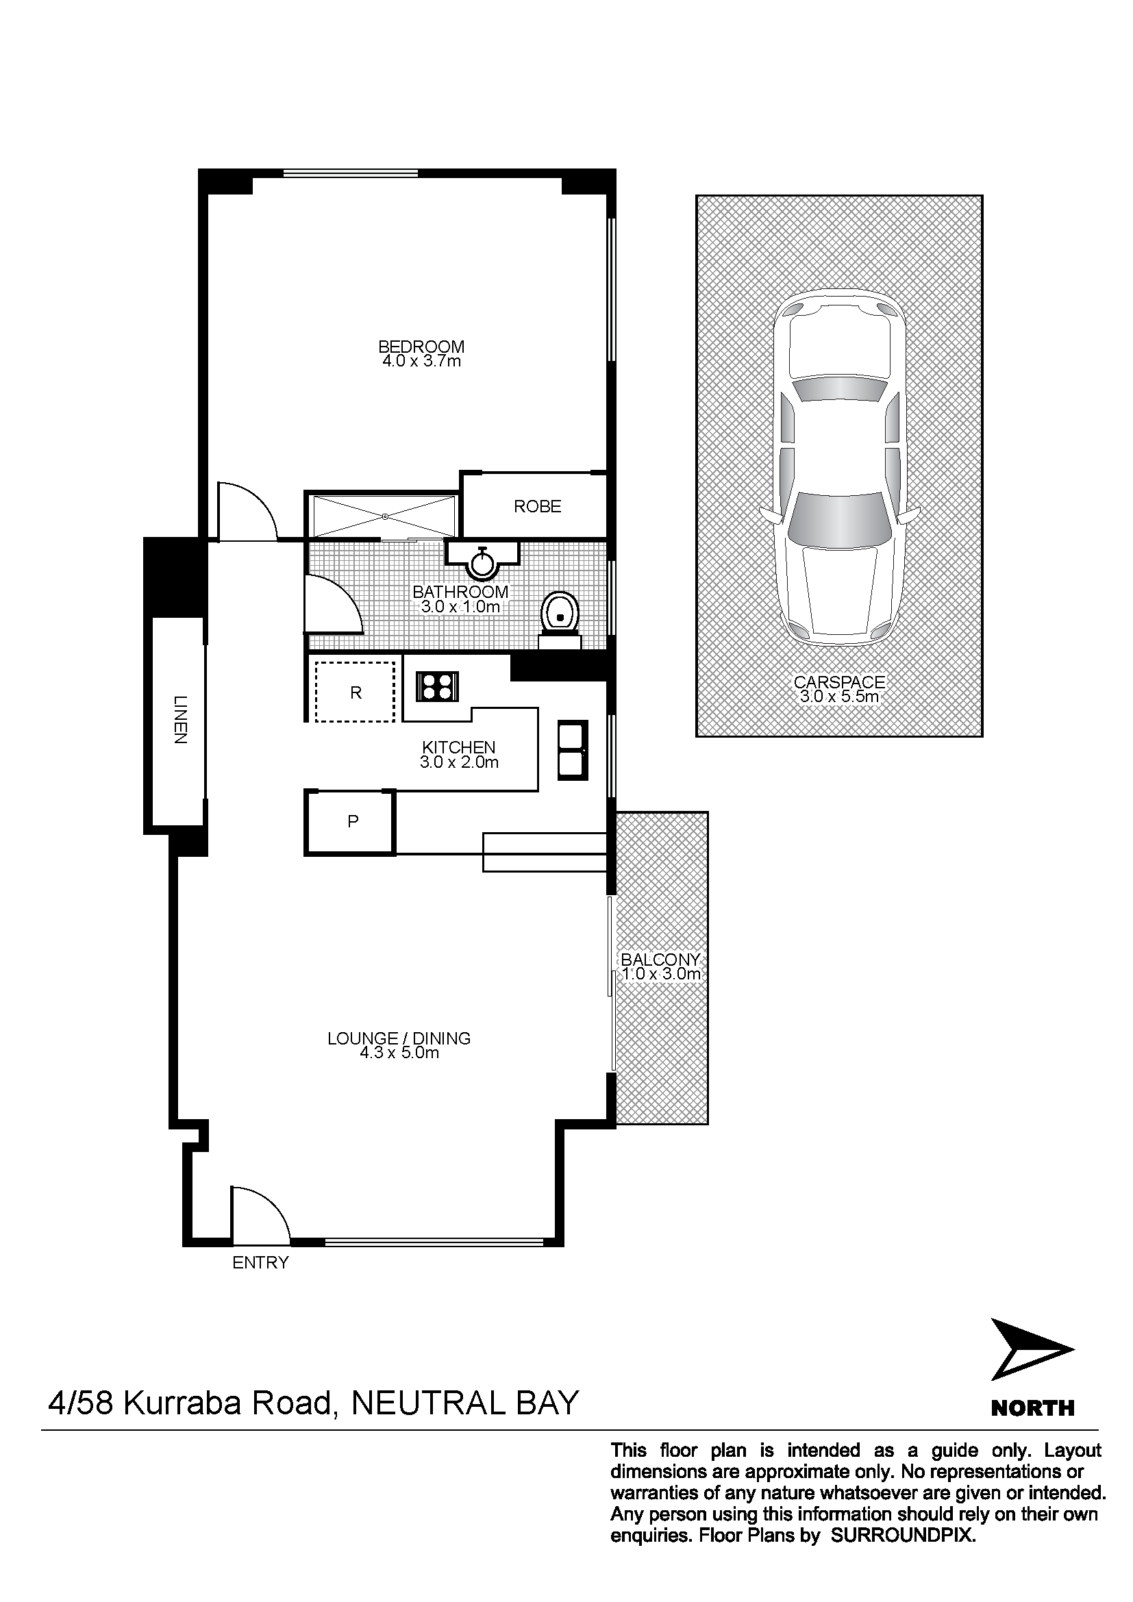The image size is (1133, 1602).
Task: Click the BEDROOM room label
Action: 421,346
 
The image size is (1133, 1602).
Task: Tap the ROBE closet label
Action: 537,507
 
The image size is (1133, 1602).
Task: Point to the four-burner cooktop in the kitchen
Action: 438,685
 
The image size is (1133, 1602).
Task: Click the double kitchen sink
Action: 573,749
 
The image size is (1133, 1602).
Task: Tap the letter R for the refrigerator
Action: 356,693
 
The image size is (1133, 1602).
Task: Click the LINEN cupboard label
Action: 181,719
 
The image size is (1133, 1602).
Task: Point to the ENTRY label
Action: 260,1262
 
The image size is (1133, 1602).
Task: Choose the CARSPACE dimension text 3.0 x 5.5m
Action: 839,697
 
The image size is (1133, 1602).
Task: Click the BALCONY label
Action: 660,960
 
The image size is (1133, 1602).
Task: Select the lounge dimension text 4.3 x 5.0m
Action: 399,1053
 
